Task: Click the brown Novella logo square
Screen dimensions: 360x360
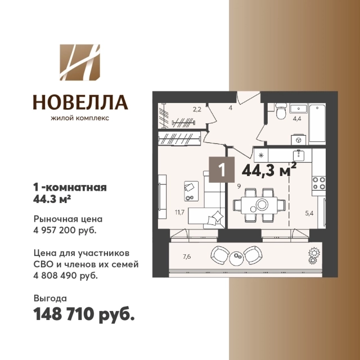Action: [x=80, y=62]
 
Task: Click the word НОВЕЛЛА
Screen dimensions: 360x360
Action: [x=80, y=102]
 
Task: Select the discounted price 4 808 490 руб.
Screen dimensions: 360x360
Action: [x=66, y=276]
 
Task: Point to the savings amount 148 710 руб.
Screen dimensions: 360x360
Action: [x=84, y=314]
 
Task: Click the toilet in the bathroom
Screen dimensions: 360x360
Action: [x=281, y=111]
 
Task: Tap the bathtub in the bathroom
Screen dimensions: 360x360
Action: [x=317, y=124]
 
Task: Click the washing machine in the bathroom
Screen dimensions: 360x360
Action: [x=299, y=140]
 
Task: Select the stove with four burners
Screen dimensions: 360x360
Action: [x=319, y=183]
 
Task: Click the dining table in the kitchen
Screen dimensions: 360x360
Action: [x=259, y=205]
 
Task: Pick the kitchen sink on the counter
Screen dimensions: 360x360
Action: [x=299, y=155]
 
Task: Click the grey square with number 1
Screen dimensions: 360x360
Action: [x=222, y=170]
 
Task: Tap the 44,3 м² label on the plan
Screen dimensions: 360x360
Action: [x=269, y=170]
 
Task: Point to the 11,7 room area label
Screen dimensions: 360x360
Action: [x=179, y=212]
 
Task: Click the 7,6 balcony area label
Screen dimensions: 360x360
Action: [x=187, y=256]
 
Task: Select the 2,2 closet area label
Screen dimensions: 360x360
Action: [x=197, y=110]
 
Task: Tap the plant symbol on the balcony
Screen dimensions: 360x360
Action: [x=314, y=256]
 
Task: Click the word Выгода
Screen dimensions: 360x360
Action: [x=50, y=299]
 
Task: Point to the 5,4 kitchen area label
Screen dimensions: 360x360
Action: [x=309, y=213]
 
